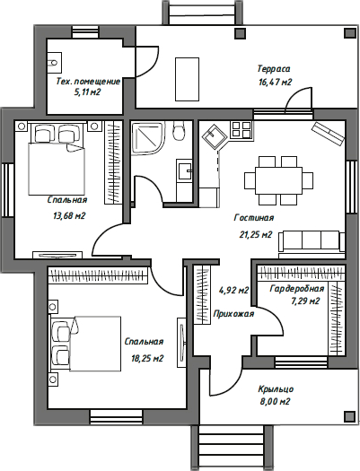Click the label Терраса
click(273, 68)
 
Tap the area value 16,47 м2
click(275, 82)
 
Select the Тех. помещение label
click(88, 80)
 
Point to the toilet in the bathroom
click(178, 134)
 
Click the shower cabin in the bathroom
click(145, 139)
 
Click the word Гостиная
click(253, 217)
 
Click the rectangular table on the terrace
click(188, 78)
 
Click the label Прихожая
click(234, 313)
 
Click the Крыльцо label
click(275, 388)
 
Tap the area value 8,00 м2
click(275, 402)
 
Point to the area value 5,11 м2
click(87, 92)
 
